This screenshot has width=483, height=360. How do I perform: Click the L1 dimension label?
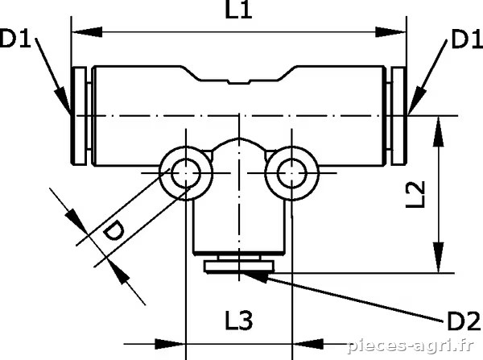(239, 10)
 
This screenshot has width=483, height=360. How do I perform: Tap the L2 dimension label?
(415, 194)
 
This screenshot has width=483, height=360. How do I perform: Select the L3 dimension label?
(239, 321)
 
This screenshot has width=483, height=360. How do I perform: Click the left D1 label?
(15, 38)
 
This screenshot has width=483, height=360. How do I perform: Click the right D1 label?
(467, 39)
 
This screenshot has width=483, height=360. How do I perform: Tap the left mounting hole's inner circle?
(186, 173)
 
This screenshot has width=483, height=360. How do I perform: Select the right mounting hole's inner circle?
(291, 173)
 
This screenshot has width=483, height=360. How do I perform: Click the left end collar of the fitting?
(79, 116)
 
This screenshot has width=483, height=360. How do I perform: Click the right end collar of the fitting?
(398, 116)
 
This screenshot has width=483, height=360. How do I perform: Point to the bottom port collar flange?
(239, 267)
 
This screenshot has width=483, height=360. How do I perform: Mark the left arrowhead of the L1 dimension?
(87, 31)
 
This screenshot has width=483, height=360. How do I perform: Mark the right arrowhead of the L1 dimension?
(390, 31)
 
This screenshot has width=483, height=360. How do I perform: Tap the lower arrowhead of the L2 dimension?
(439, 258)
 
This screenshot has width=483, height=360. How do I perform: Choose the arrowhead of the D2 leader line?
(255, 277)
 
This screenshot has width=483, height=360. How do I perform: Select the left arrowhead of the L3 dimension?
(170, 344)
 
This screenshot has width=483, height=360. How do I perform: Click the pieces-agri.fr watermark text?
(410, 346)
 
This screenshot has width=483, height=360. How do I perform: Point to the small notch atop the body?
(238, 82)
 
